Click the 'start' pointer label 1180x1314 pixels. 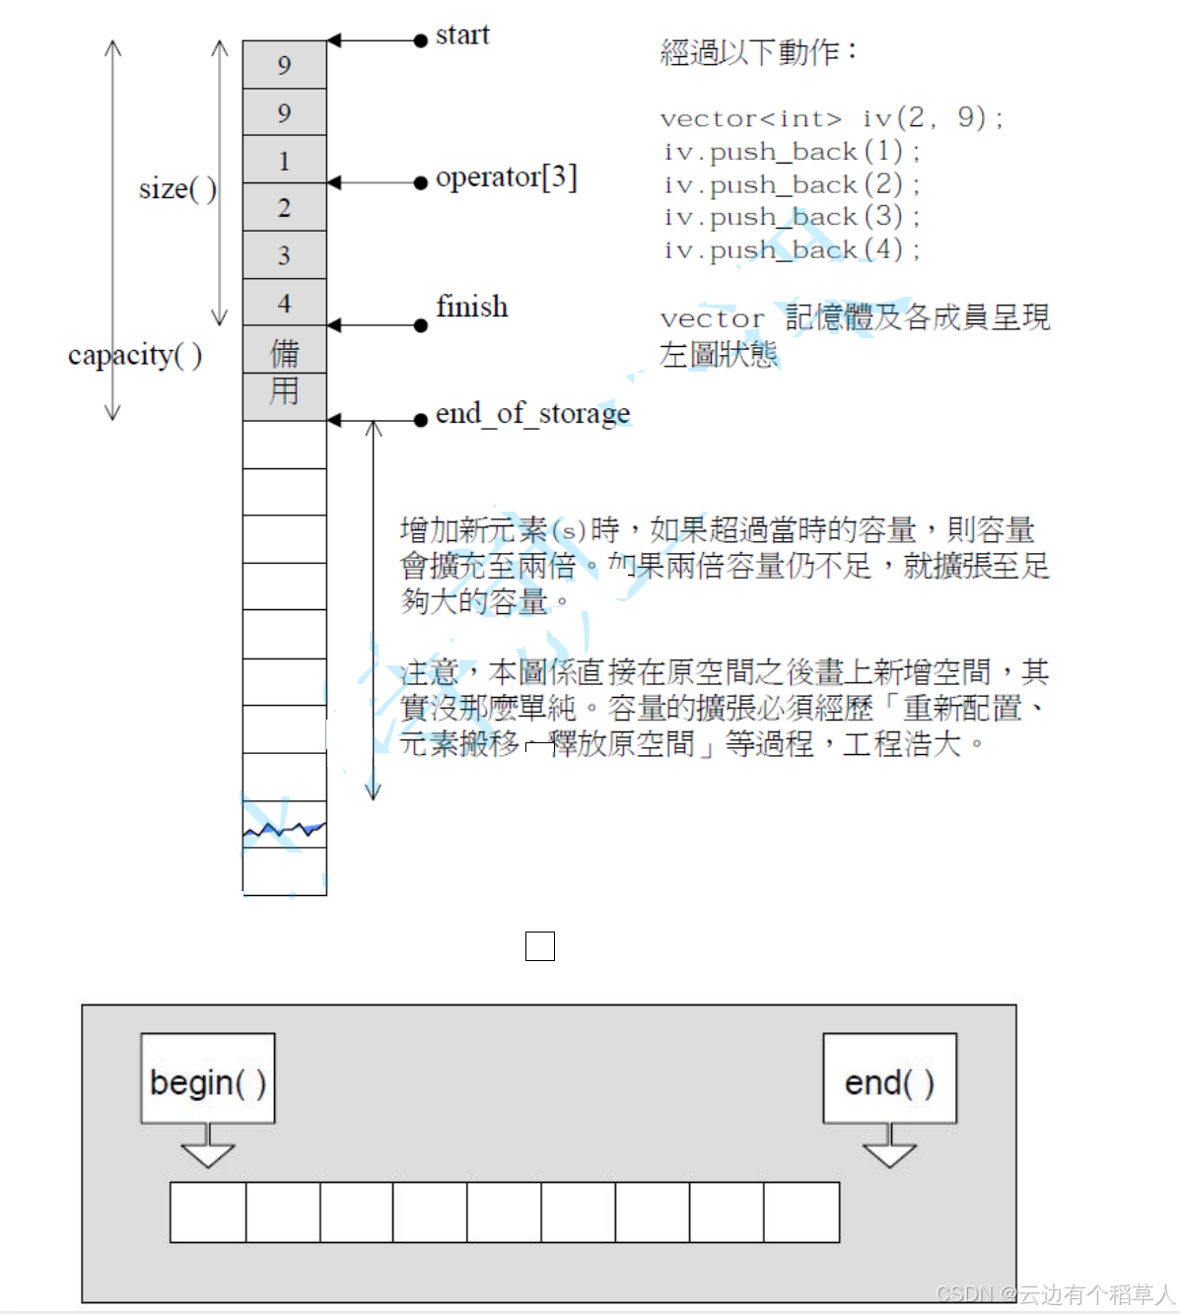click(461, 35)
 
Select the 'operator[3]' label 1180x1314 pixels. click(506, 177)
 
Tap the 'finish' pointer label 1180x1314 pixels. click(471, 308)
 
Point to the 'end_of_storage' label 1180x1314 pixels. click(532, 414)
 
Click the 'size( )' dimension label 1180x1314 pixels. click(177, 188)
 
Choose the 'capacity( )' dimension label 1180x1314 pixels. click(135, 355)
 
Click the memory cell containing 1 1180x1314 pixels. click(284, 160)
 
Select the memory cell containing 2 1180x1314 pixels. click(284, 207)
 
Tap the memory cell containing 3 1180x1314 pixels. click(284, 255)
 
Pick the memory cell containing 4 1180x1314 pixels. click(284, 303)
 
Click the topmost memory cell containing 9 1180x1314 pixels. click(284, 65)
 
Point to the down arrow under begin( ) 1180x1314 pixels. click(208, 1147)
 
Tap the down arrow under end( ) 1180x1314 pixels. click(889, 1147)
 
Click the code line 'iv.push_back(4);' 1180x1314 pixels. click(792, 250)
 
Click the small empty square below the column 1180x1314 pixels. click(540, 946)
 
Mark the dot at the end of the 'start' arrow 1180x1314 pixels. click(421, 40)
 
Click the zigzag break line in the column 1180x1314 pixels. click(284, 831)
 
